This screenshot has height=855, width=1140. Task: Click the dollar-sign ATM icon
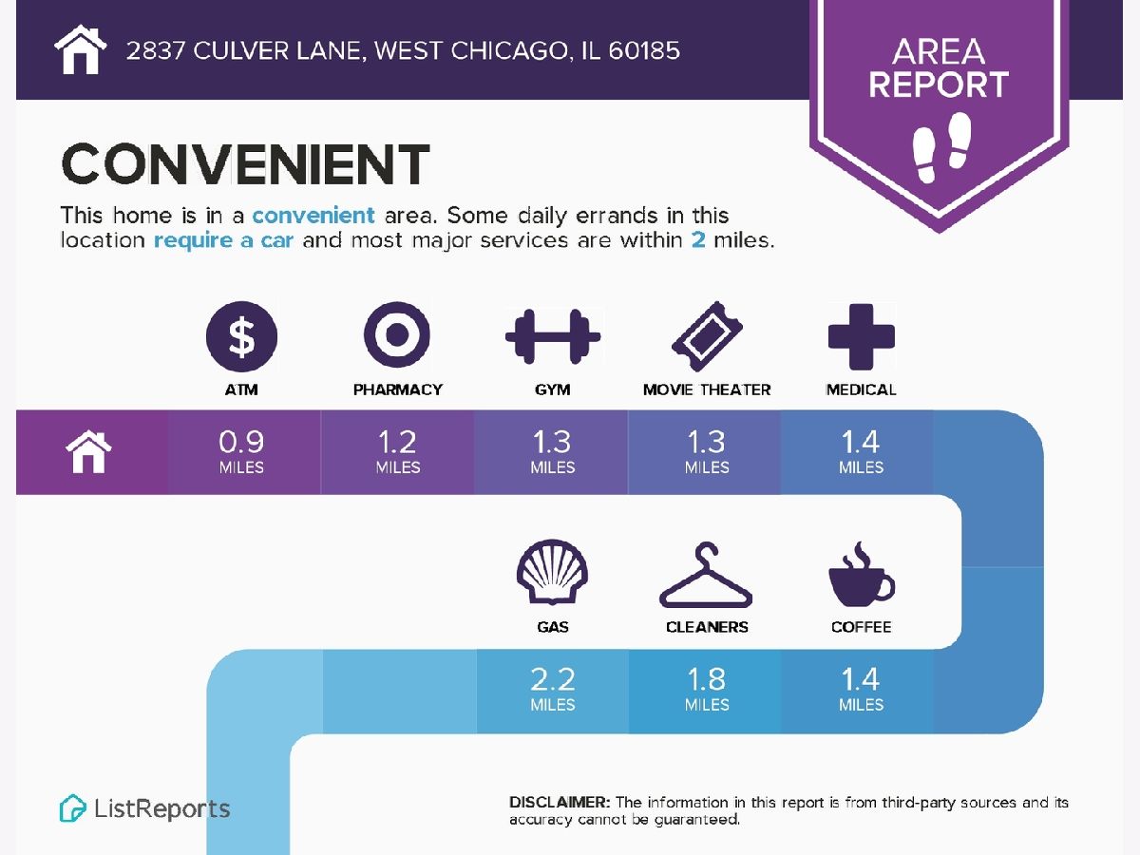coord(241,336)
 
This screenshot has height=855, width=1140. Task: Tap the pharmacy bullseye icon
coord(397,334)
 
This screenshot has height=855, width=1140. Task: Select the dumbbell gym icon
coord(553,336)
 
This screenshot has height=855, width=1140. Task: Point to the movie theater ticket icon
coord(707,336)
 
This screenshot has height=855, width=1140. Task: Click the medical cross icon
coord(861,336)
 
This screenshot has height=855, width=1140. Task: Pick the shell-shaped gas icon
coord(552,572)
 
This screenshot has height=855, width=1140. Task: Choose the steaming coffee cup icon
coord(861,574)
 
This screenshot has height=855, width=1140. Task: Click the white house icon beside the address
coord(81,49)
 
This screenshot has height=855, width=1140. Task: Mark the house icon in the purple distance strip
coord(88,451)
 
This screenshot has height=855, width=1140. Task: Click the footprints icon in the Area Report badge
coord(941,147)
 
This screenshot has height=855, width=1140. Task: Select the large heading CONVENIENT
coord(246,164)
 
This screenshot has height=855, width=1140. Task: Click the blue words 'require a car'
coord(224,240)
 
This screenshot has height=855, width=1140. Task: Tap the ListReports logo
coord(145,808)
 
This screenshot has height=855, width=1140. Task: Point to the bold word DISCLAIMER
coord(560,802)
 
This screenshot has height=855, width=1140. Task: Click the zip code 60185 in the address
coord(644,51)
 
